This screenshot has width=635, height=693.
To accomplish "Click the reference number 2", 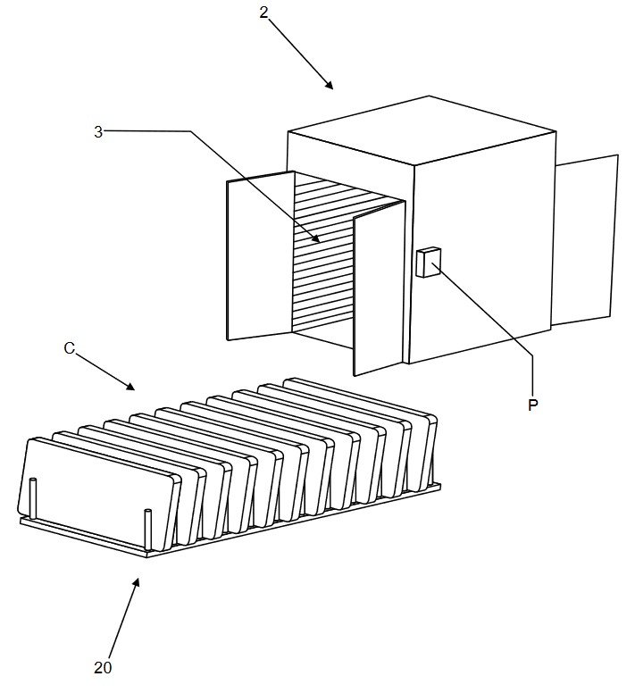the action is coord(263,13).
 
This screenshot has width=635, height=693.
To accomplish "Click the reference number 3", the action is coord(98,131).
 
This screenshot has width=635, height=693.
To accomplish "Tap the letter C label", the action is coord(70,348).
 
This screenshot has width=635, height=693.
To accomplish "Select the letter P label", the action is coord(533,405).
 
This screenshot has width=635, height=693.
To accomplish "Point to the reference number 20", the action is coord(103,667).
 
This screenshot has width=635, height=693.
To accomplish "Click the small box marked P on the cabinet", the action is coord(428,263).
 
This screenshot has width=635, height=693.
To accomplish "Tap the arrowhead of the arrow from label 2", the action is coord(330,86).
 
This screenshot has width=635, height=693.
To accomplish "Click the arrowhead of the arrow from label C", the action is coord(130,387).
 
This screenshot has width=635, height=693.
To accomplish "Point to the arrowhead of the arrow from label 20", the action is coord(137,583).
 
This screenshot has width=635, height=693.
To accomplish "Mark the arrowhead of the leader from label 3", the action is coord(316,239).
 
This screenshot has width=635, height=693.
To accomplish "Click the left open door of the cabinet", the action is coord(260,255).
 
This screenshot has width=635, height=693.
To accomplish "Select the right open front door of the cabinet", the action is coord(380,288).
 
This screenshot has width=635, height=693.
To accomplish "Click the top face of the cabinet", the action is coord(422,130).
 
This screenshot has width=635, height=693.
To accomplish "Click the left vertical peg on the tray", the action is coord(33,498).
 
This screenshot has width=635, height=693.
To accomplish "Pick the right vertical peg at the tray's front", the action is coord(148,530).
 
